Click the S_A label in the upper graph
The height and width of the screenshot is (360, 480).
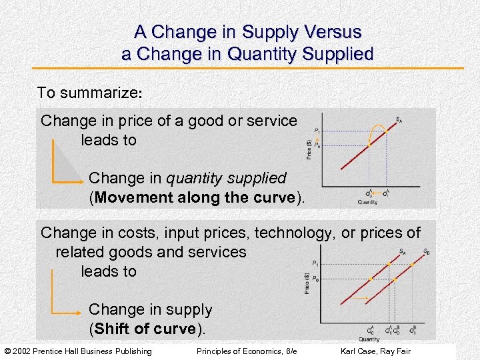pyautogui.click(x=399, y=120)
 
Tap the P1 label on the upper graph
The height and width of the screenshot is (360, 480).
pyautogui.click(x=317, y=131)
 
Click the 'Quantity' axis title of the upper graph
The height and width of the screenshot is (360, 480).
pyautogui.click(x=367, y=202)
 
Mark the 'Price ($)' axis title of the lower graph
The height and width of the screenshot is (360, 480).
pyautogui.click(x=307, y=283)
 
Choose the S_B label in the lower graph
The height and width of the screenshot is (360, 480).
pyautogui.click(x=426, y=251)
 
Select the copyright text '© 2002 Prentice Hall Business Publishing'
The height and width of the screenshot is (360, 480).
pyautogui.click(x=79, y=351)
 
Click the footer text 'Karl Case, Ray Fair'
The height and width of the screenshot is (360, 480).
pyautogui.click(x=375, y=351)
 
